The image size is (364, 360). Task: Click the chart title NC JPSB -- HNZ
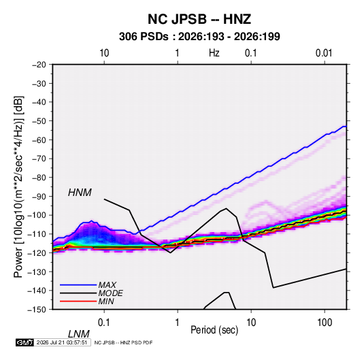(x=199, y=19)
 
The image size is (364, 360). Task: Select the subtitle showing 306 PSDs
(x=199, y=37)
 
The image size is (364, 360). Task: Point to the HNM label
(x=80, y=193)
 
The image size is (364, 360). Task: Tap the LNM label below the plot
(x=78, y=334)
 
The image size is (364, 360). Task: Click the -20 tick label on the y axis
(x=39, y=65)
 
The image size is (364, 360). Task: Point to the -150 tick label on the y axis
(x=37, y=310)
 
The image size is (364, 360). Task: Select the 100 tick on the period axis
(x=325, y=323)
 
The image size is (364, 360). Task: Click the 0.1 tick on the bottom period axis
(x=104, y=323)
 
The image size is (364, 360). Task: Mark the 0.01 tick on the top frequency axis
(x=324, y=53)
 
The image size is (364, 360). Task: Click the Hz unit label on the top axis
(x=214, y=53)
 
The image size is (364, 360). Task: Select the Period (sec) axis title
(x=214, y=330)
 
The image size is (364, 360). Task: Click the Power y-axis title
(x=18, y=187)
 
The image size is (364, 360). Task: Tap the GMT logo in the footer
(x=24, y=342)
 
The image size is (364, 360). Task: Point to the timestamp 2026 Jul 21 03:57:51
(x=62, y=342)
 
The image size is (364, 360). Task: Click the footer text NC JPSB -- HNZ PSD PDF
(x=123, y=342)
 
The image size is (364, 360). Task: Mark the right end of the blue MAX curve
(x=346, y=127)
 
